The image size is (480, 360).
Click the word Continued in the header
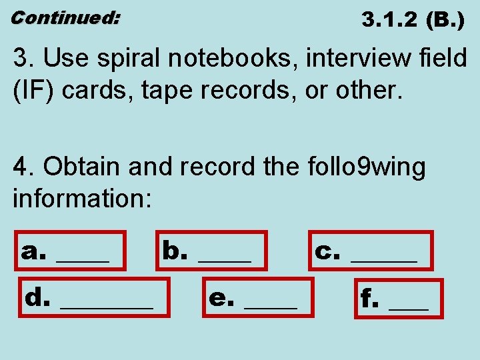[x=65, y=18]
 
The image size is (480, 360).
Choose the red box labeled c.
[x=371, y=250]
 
